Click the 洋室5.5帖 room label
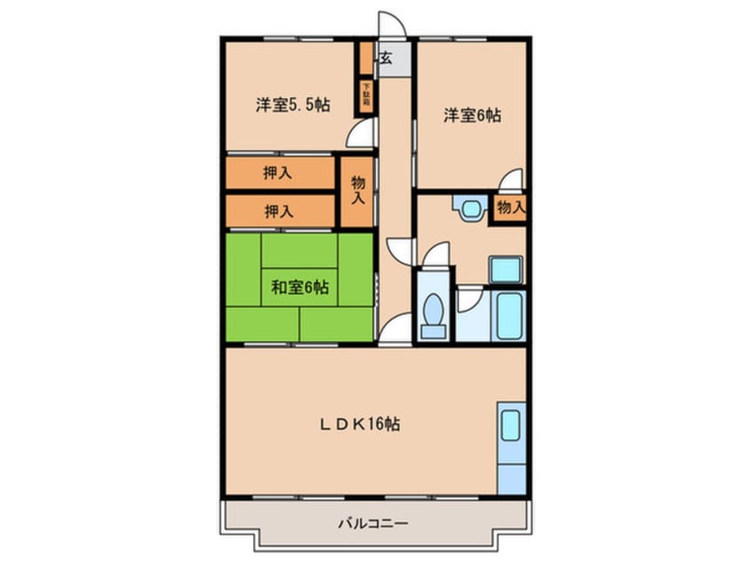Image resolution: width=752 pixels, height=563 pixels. (x=292, y=106)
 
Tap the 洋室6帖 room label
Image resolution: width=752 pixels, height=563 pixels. (x=472, y=115)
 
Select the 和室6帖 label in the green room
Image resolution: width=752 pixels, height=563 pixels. (x=300, y=287)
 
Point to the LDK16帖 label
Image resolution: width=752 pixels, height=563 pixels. (x=359, y=424)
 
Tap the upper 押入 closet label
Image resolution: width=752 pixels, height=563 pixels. (x=278, y=173)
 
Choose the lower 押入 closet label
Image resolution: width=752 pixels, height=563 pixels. (x=278, y=211)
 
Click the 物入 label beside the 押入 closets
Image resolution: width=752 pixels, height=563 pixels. (x=358, y=190)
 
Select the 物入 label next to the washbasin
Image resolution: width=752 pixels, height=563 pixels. (x=510, y=208)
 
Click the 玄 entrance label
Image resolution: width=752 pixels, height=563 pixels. (x=387, y=59)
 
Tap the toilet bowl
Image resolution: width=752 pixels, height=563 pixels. (x=434, y=313)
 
